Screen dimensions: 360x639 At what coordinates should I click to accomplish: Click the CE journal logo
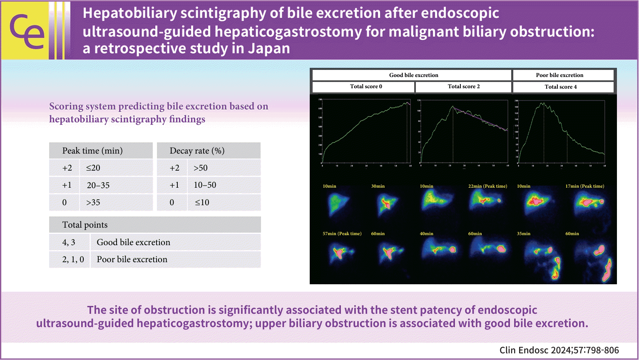coord(27,30)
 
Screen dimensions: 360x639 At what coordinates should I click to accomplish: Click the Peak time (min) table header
coord(92,151)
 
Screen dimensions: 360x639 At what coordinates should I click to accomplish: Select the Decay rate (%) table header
coord(197,151)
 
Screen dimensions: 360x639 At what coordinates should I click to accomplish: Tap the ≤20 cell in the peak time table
coord(93,168)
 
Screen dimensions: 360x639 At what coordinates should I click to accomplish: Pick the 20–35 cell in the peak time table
coord(98,185)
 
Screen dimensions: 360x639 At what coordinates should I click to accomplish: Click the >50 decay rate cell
coord(201,168)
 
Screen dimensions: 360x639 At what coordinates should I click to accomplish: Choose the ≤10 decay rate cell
coord(202,203)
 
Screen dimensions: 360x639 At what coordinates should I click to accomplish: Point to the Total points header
coord(85,225)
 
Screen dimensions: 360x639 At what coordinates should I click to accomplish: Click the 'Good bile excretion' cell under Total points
coord(133,242)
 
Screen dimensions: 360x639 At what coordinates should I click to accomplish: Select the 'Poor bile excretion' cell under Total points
coord(132,259)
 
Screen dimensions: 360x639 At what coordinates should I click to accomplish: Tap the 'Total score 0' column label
coord(366,87)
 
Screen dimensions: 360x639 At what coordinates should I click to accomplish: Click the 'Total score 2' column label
coord(464,87)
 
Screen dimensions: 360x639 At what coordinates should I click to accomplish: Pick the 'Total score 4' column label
coord(561,87)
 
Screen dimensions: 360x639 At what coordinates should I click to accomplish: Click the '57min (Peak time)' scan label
coord(342,233)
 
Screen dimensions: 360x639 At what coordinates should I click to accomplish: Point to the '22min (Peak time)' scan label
coord(487,186)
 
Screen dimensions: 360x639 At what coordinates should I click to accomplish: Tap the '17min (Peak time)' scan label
coord(584,186)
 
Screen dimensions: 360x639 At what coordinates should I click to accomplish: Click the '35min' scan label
coord(524,233)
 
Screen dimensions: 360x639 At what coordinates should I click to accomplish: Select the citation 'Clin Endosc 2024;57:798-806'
coord(559,350)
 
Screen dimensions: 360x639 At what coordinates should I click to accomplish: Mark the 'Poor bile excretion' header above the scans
coord(559,75)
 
